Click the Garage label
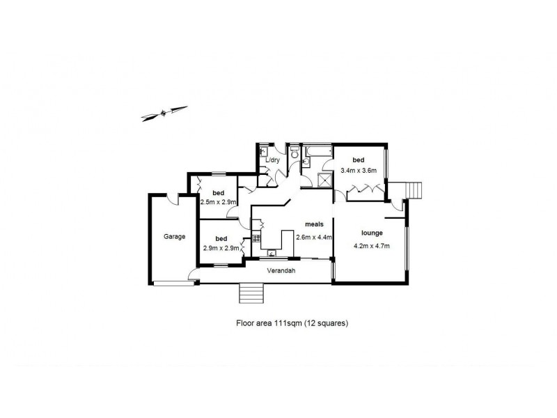coord(174,237)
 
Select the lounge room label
coord(371,233)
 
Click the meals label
coord(313,224)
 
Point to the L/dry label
coord(272,160)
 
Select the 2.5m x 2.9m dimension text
coord(218,202)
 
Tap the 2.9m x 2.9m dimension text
coord(221,248)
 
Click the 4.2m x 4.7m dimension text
coord(371,245)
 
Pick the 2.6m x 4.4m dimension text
coord(313,237)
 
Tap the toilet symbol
coord(295,151)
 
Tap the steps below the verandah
coord(252,293)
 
